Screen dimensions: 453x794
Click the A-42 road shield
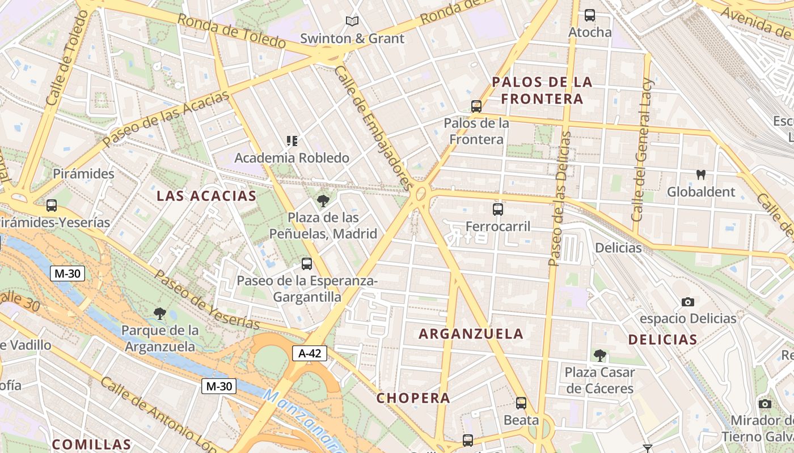coord(310,353)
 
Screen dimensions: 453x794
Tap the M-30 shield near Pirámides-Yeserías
coord(67,274)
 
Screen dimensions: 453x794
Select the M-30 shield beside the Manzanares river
coord(218,387)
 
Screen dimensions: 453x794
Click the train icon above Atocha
coord(590,15)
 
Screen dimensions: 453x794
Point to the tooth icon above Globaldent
coord(700,175)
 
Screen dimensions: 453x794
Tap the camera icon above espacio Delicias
coord(688,302)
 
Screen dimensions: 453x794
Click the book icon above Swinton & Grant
coord(352,22)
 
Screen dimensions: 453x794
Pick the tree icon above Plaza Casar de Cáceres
coord(599,356)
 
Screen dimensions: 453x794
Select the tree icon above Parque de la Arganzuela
coord(160,313)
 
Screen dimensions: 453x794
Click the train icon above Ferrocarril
coord(498,210)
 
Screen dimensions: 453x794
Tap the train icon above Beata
coord(521,403)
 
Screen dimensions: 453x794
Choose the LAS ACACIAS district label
coord(206,196)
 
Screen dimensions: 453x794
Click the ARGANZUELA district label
coord(471,334)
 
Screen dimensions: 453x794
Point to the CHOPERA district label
coord(413,398)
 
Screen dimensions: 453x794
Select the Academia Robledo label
coord(292,158)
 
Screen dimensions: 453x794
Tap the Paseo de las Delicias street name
coord(560,198)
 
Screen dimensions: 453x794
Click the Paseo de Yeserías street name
coord(206,300)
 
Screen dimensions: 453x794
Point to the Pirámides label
coord(83,174)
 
